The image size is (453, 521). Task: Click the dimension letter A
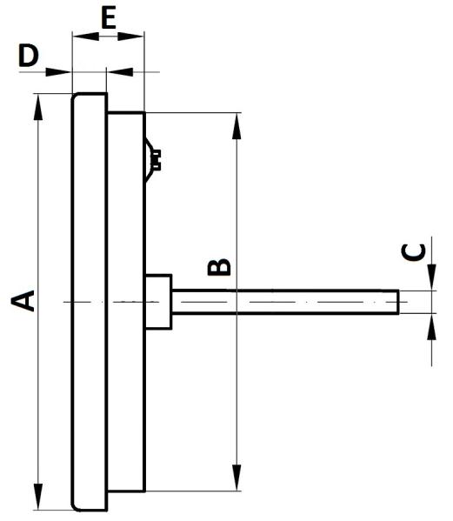click(23, 301)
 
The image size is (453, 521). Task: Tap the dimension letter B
click(219, 267)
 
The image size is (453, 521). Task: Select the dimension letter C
click(414, 252)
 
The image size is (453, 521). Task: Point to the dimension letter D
click(29, 57)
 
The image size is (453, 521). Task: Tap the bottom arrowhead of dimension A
click(38, 497)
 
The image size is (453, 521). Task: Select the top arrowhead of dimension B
click(236, 126)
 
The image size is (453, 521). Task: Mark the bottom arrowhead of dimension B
click(236, 478)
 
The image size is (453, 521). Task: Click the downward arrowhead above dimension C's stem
click(431, 277)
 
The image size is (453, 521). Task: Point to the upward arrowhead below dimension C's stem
click(431, 326)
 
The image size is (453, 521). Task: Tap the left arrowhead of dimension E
click(86, 37)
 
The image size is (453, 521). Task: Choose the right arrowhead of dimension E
click(130, 37)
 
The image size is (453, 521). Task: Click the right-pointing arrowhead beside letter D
click(58, 72)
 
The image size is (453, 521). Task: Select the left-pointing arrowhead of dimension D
click(121, 72)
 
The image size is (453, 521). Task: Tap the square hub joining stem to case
click(158, 302)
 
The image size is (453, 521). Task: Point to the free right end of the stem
click(398, 302)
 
